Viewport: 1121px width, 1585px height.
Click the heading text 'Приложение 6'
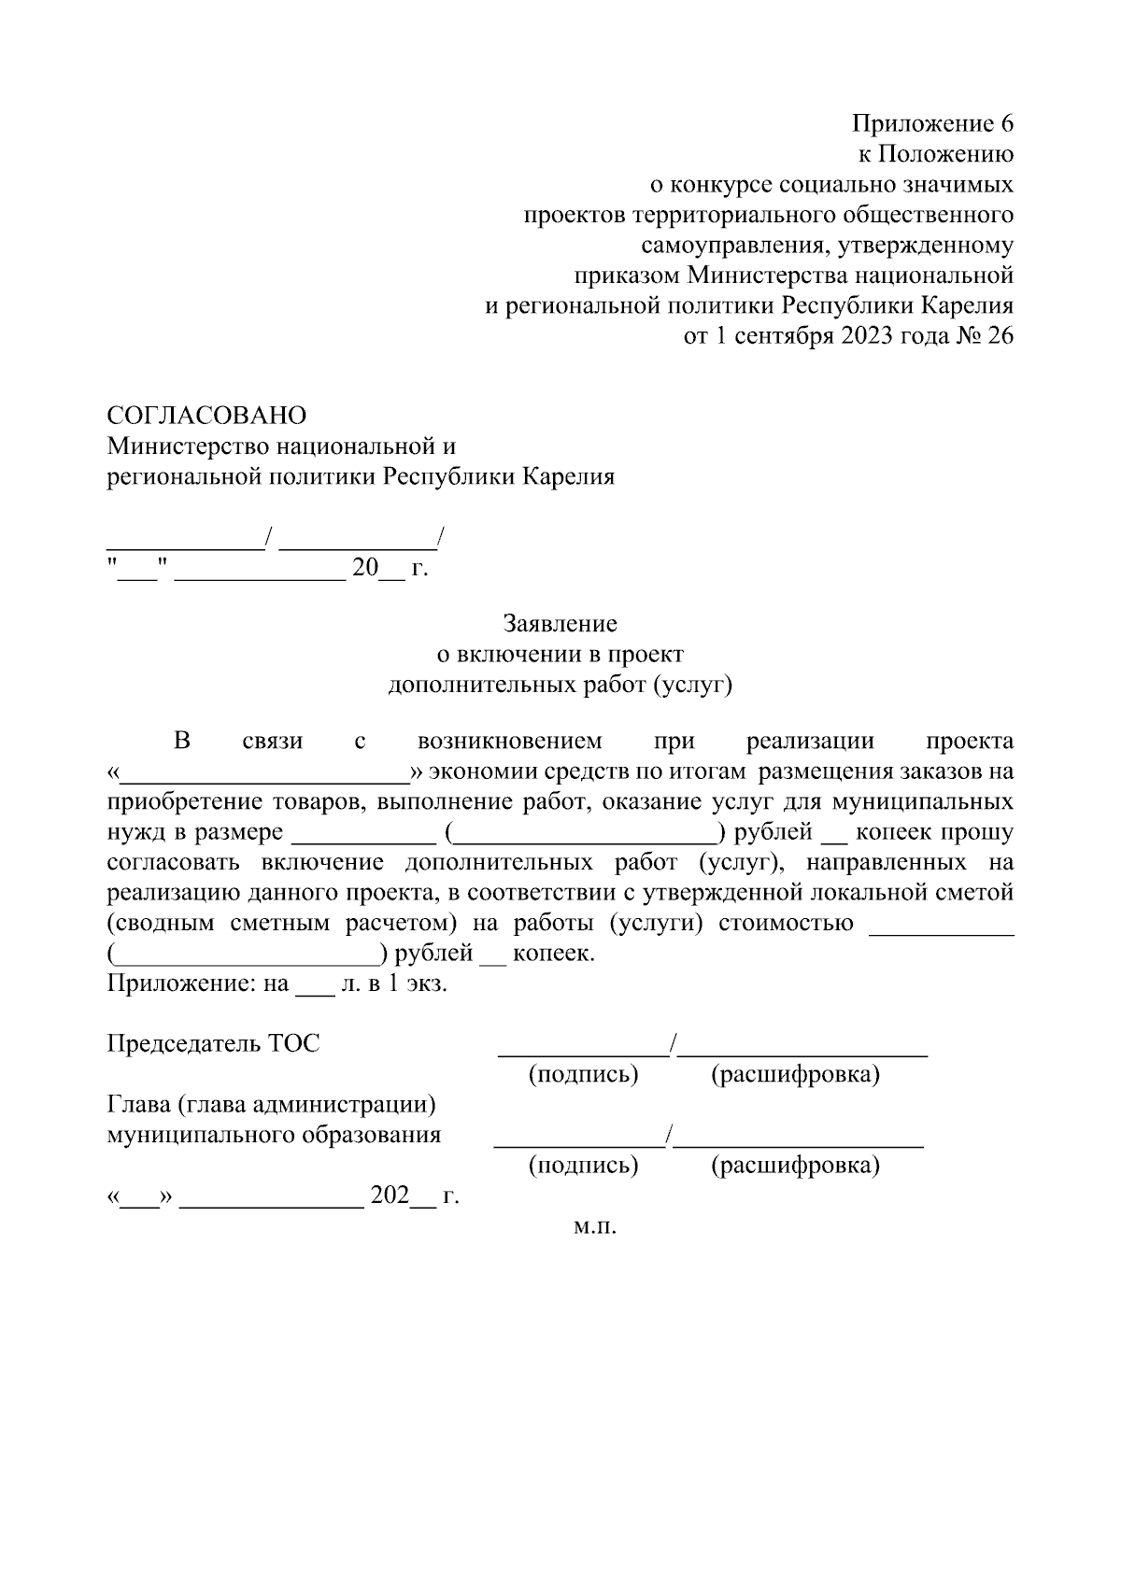(931, 124)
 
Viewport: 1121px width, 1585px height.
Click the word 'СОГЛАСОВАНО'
(206, 415)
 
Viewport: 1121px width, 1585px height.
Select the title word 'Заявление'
(560, 623)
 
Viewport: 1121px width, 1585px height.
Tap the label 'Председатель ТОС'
(214, 1043)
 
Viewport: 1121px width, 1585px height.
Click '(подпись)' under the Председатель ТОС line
(583, 1075)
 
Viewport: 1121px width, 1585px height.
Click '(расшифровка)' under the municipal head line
(795, 1166)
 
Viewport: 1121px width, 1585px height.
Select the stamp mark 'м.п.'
(595, 1226)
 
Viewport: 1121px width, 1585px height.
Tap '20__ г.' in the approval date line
(389, 568)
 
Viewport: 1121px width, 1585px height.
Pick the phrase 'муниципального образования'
(274, 1136)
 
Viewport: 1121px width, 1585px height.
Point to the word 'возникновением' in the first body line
(510, 742)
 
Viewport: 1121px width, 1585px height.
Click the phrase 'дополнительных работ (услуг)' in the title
(560, 685)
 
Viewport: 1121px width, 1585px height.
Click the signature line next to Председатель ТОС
(583, 1052)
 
